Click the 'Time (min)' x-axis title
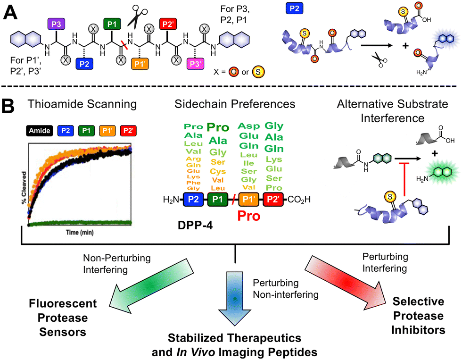click(x=78, y=233)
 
